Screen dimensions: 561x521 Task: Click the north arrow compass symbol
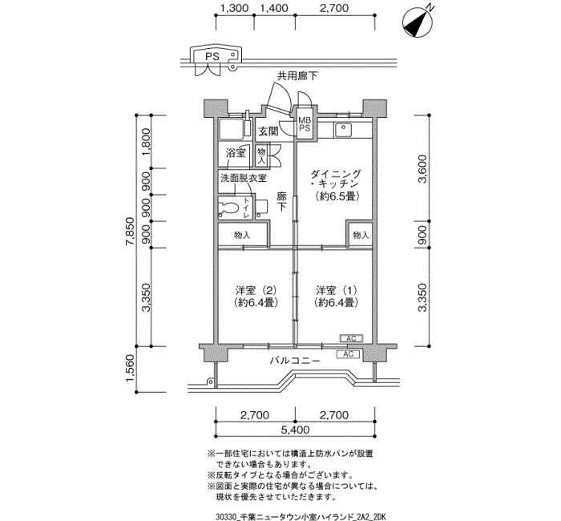(x=417, y=23)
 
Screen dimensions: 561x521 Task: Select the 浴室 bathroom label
(x=236, y=153)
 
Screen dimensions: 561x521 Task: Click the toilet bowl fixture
(x=229, y=208)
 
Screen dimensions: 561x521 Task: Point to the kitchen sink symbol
(x=343, y=130)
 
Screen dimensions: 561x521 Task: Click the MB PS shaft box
(x=305, y=124)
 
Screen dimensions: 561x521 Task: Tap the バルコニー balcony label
(x=295, y=361)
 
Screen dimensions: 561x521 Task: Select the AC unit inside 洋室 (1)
(x=351, y=338)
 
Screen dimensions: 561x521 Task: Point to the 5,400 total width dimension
(x=295, y=430)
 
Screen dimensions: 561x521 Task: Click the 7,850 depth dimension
(x=130, y=231)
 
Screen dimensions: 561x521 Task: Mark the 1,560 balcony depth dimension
(x=130, y=369)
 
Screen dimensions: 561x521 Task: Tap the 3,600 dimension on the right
(x=423, y=168)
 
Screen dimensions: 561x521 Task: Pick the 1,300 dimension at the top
(x=234, y=8)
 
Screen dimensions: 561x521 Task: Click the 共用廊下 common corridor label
(x=297, y=75)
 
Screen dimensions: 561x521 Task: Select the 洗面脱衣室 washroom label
(x=244, y=178)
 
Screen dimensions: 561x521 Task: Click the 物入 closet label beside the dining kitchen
(x=361, y=235)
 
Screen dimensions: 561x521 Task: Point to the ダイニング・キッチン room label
(x=336, y=185)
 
